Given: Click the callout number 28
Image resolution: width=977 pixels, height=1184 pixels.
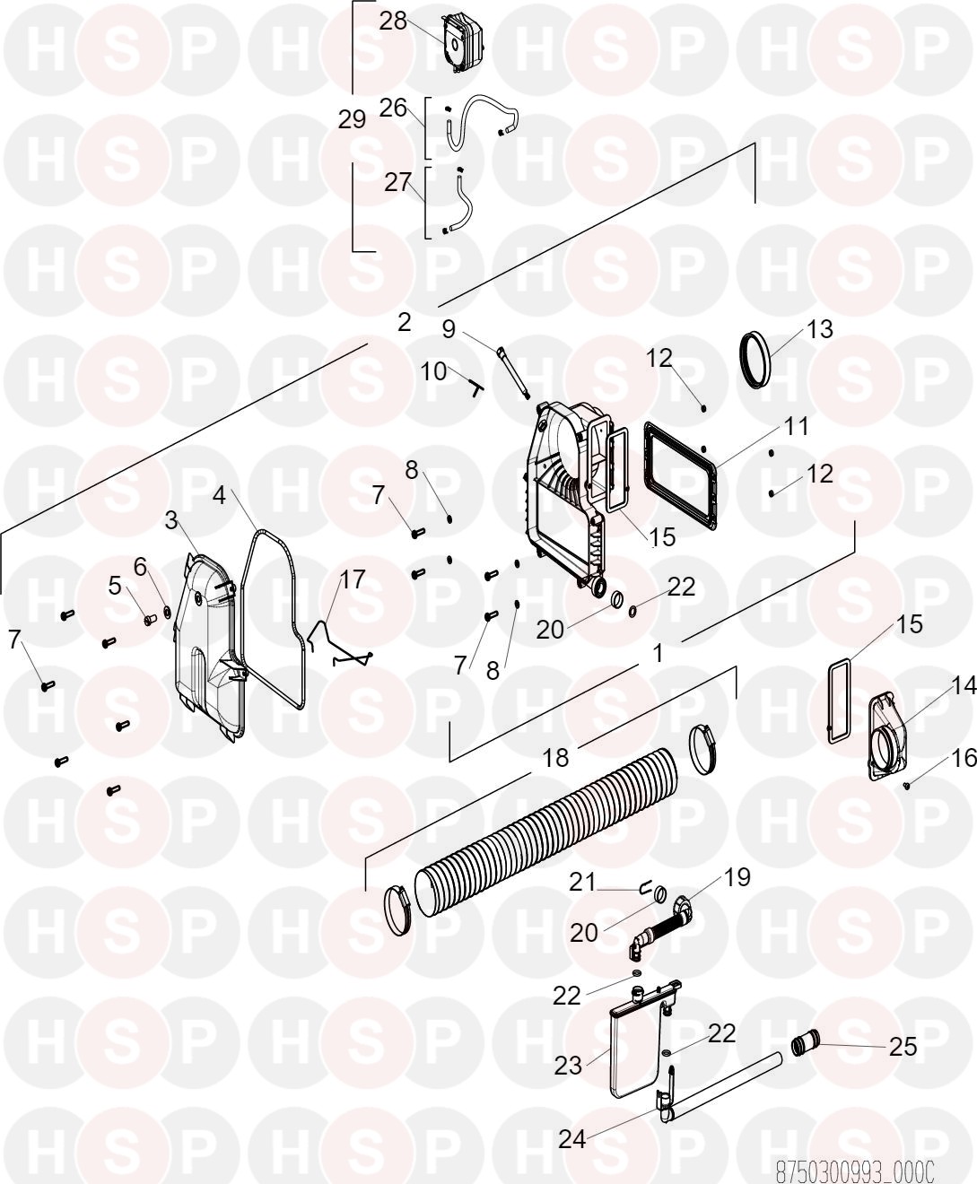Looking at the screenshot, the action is (393, 22).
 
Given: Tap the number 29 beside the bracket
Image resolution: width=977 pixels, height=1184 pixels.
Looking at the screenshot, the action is (352, 119).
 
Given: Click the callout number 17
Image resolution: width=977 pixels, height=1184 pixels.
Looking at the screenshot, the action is (352, 579).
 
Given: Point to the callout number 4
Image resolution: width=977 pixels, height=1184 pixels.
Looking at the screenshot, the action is (220, 495).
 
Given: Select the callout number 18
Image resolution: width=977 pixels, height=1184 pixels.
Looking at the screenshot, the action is (555, 758).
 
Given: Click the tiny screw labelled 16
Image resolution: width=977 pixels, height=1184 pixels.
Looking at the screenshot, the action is (906, 785).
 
